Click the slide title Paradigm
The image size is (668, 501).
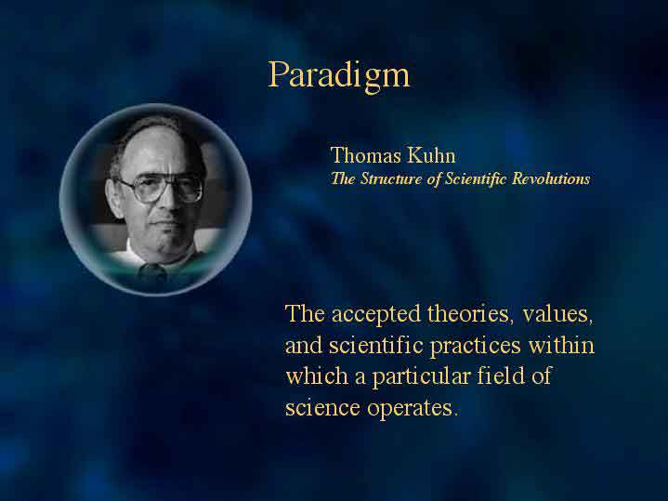(339, 76)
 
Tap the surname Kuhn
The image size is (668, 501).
(431, 155)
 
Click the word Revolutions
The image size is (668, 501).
(551, 178)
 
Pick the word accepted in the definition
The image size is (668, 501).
(376, 315)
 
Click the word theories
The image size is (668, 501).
(468, 314)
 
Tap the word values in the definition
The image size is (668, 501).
(557, 315)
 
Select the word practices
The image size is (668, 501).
(476, 346)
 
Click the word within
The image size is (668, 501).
(561, 345)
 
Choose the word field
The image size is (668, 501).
(501, 376)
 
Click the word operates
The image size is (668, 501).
(412, 409)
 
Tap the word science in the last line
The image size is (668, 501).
(322, 408)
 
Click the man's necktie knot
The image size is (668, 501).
(152, 271)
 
